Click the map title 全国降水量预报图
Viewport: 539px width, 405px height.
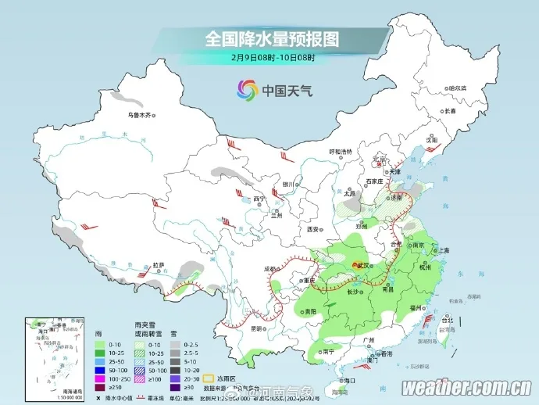coord(273,38)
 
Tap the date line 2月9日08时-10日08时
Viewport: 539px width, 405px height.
coord(273,57)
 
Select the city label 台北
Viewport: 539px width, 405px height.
coord(447,321)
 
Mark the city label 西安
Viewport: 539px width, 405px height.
coord(314,230)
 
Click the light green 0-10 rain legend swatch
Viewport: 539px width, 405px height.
coord(100,344)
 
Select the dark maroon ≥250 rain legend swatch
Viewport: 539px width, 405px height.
coord(100,386)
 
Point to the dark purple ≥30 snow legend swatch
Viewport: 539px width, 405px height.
coord(177,386)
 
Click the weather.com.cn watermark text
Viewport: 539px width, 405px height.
coord(467,388)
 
